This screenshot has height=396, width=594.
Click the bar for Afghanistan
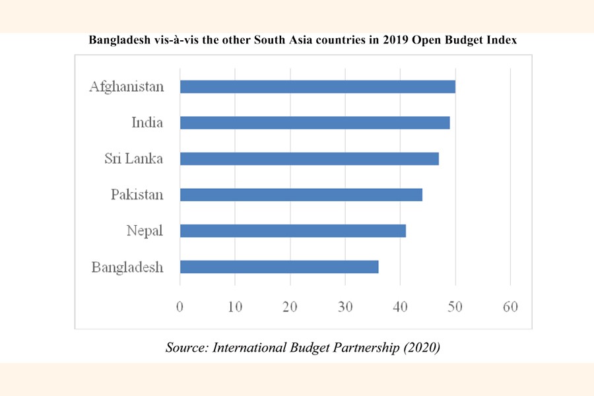pyautogui.click(x=317, y=86)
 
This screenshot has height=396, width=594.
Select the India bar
pyautogui.click(x=315, y=123)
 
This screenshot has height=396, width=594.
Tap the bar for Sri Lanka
pyautogui.click(x=309, y=158)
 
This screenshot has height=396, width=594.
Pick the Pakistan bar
pyautogui.click(x=301, y=195)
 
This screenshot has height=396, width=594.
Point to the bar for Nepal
pyautogui.click(x=293, y=230)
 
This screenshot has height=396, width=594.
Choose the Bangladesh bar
pyautogui.click(x=279, y=267)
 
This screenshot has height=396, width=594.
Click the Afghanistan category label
pyautogui.click(x=127, y=86)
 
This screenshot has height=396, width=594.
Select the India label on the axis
pyautogui.click(x=147, y=123)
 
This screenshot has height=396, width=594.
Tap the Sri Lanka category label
pyautogui.click(x=134, y=158)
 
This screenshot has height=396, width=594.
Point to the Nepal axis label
pyautogui.click(x=145, y=230)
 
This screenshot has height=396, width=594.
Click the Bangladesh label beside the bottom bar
pyautogui.click(x=127, y=267)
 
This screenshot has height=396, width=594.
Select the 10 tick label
pyautogui.click(x=235, y=306)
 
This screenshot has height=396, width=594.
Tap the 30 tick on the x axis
pyautogui.click(x=345, y=306)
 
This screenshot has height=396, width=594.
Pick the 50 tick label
pyautogui.click(x=455, y=306)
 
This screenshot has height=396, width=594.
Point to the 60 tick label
pyautogui.click(x=510, y=306)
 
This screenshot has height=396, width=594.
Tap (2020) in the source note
pyautogui.click(x=420, y=348)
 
